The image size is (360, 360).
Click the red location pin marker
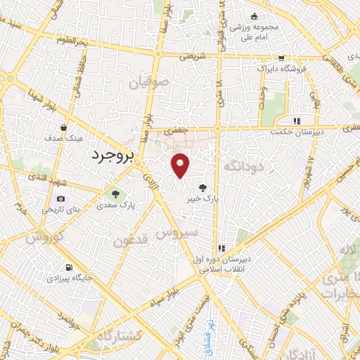[x=181, y=165]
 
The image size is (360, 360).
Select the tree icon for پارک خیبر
[x=202, y=187]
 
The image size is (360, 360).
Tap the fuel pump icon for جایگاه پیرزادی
[x=67, y=267]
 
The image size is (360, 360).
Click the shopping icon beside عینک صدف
[x=63, y=128]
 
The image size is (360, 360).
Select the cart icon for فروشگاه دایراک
[x=281, y=58]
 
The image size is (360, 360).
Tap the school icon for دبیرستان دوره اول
[x=221, y=247]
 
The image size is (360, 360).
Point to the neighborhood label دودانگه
[x=243, y=166]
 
